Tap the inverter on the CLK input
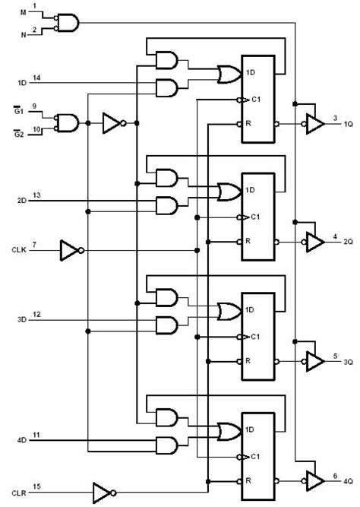[71, 249]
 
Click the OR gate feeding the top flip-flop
[226, 74]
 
